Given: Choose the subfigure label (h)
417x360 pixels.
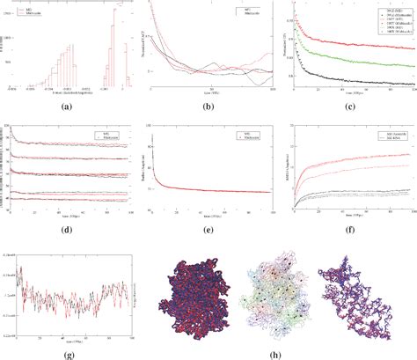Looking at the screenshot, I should coord(280,352).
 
